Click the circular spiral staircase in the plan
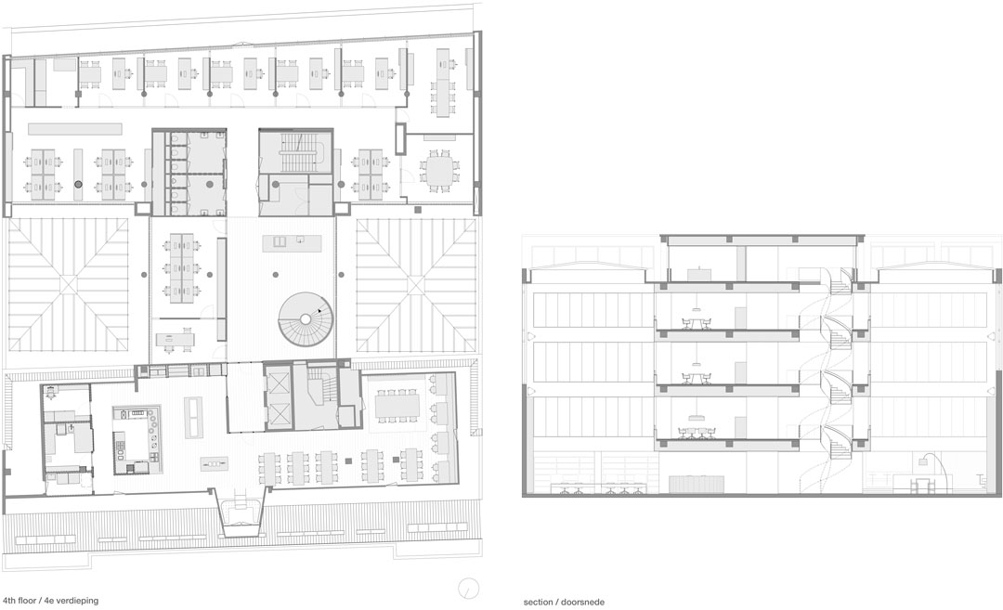tap(306, 319)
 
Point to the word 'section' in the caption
tap(538, 602)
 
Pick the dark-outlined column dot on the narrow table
tap(78, 184)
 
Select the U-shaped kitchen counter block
tap(137, 440)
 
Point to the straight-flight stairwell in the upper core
tap(294, 152)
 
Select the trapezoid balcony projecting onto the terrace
tap(241, 512)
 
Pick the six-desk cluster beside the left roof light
tap(182, 266)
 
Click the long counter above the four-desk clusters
tap(75, 129)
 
